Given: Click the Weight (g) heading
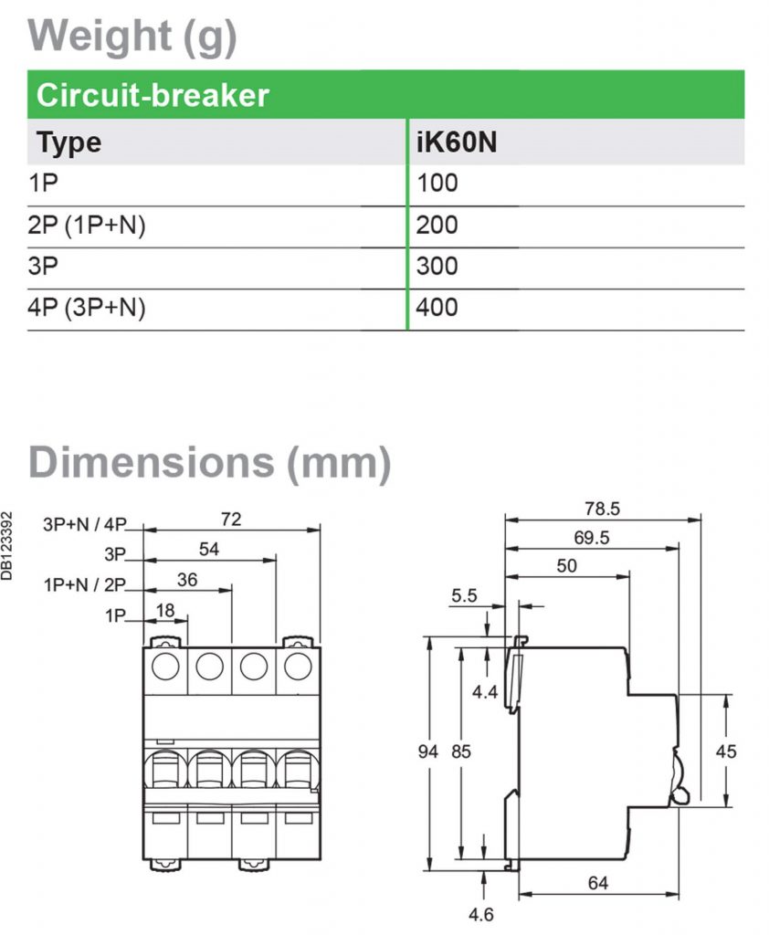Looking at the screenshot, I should click(x=133, y=36).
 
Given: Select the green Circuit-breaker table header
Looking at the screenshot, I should click(x=152, y=95).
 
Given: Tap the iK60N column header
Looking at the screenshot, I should click(x=456, y=143).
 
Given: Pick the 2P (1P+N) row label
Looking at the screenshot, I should click(x=87, y=226).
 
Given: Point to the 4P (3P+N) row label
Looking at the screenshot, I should click(x=87, y=308).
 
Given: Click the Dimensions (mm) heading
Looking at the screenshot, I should click(x=209, y=462).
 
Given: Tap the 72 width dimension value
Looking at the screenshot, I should click(x=231, y=519).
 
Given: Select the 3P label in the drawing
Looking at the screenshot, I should click(x=114, y=554).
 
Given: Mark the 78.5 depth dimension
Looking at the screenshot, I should click(x=602, y=508).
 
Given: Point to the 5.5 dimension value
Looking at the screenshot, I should click(x=464, y=595).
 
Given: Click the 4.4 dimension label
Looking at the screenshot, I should click(x=484, y=692).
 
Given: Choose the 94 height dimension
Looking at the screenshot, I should click(x=428, y=751).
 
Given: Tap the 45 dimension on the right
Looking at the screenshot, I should click(x=725, y=751).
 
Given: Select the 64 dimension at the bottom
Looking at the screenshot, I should click(x=598, y=883).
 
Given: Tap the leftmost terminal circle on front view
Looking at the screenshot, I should click(x=165, y=667).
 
